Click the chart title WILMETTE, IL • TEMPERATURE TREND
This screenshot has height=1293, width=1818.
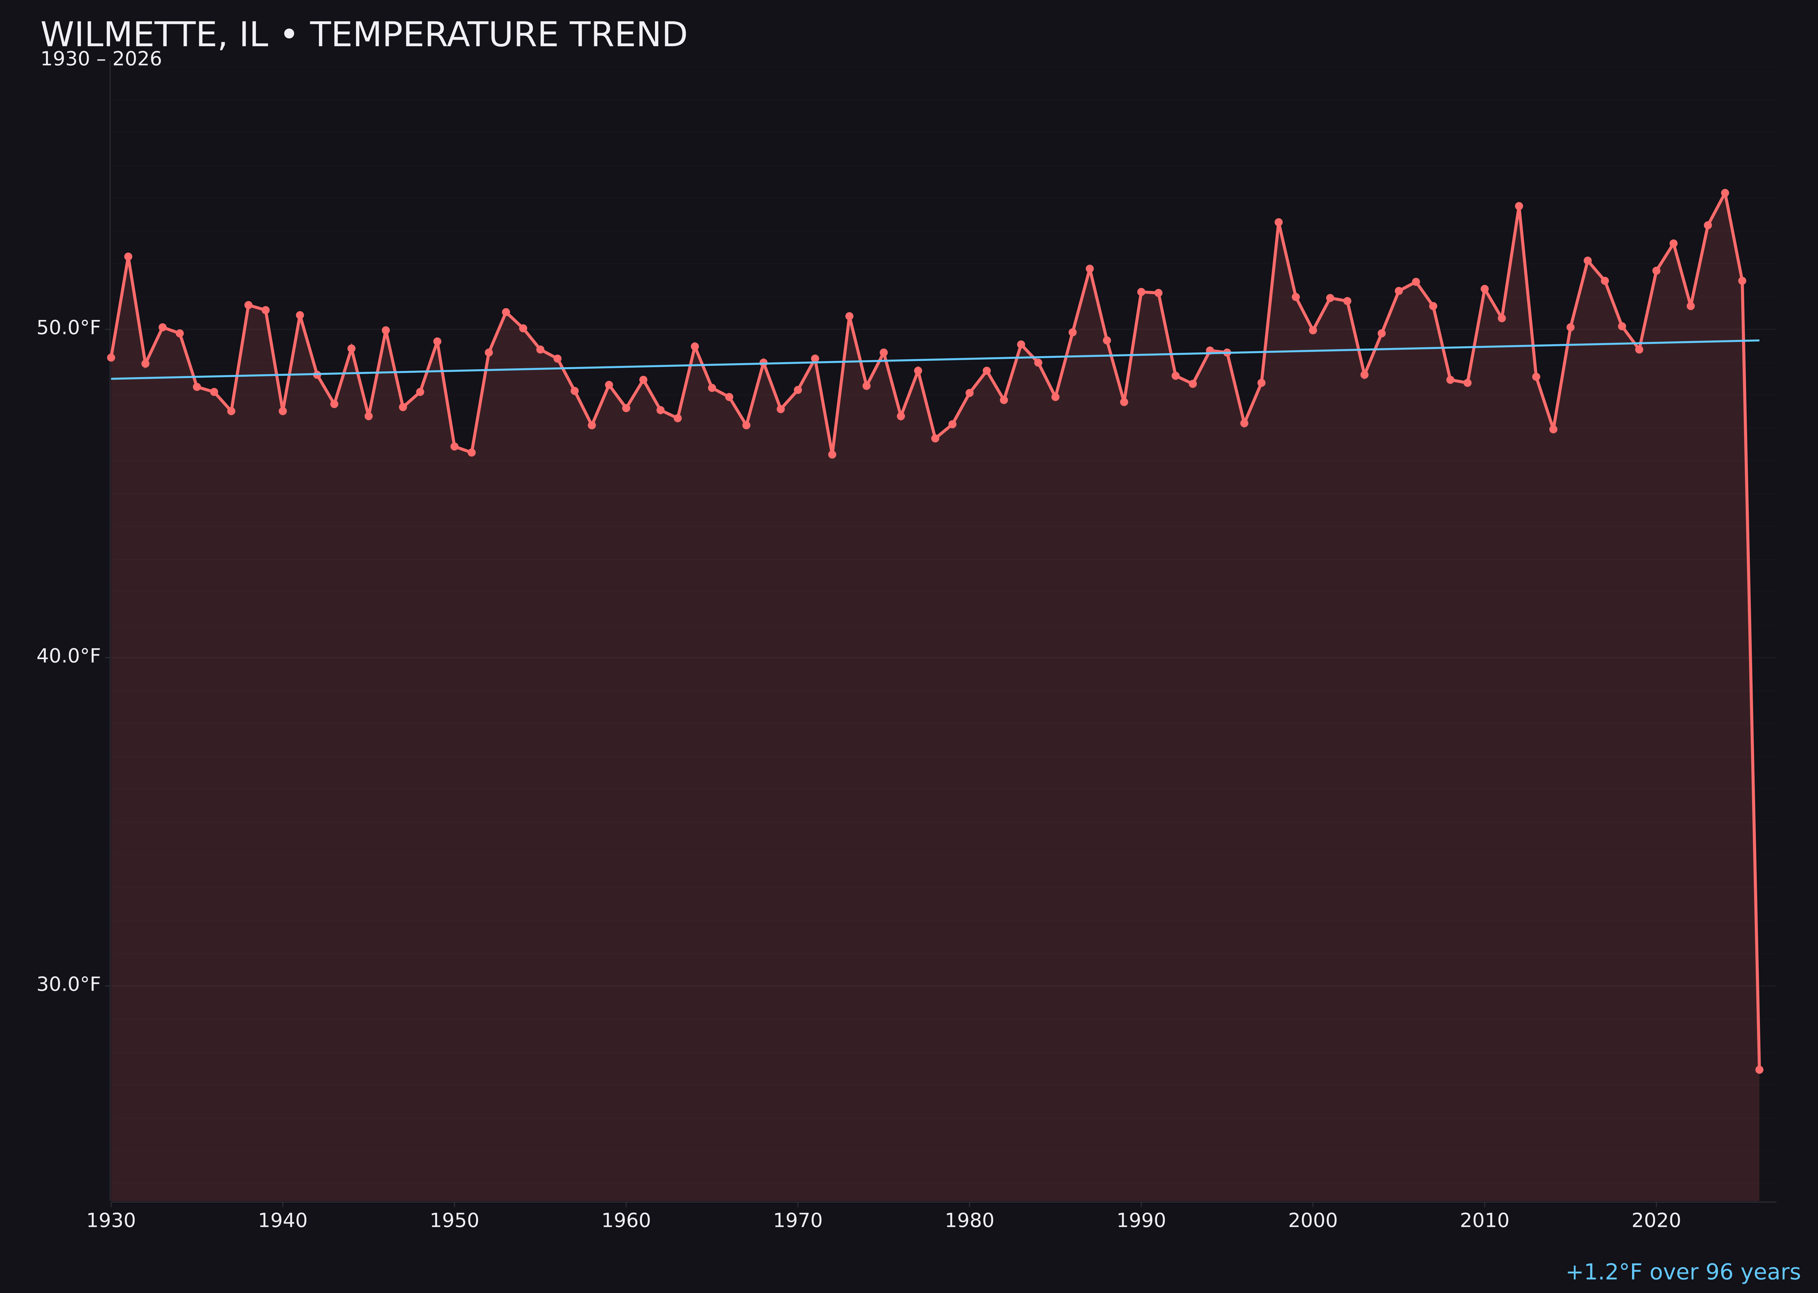364,35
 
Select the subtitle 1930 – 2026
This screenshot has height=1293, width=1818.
101,60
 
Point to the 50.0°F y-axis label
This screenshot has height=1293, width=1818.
69,328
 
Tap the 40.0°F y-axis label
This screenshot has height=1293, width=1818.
69,656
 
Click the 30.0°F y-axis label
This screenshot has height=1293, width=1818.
69,985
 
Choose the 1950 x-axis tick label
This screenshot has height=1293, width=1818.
454,1221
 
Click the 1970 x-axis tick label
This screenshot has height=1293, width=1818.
798,1221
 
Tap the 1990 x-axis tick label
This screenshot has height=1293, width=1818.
1141,1221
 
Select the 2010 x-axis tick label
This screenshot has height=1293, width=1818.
1484,1221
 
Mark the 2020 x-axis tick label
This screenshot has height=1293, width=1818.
1656,1221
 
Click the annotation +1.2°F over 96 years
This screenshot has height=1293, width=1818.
1683,1272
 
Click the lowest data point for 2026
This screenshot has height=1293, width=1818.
1759,1069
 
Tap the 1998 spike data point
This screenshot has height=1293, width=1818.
1279,222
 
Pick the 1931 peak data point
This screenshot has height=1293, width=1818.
128,256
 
